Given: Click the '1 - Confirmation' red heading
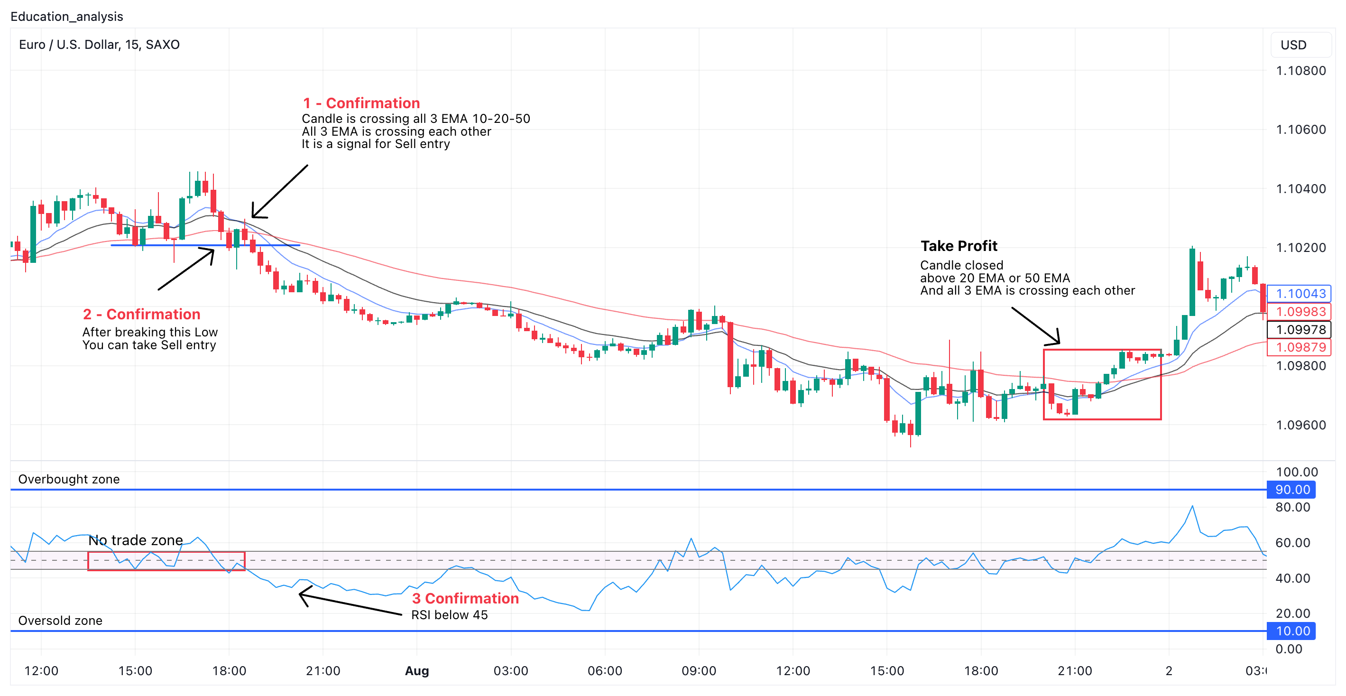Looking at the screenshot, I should [361, 103].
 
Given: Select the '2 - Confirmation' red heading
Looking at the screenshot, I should [142, 314].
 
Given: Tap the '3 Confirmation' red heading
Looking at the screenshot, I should [465, 598].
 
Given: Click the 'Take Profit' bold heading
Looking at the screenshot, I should [959, 246].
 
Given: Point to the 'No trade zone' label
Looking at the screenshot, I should [135, 540].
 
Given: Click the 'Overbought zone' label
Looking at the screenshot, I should [69, 479].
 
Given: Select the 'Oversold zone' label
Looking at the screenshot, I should [60, 620].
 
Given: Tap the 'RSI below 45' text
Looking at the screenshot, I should [449, 615].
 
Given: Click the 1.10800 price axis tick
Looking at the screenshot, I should [1300, 71].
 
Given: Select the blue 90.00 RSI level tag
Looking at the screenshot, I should [1292, 490].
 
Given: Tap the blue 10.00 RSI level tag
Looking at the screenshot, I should [1292, 631].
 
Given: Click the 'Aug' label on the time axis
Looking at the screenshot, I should [417, 671].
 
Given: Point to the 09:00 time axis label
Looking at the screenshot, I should [699, 671].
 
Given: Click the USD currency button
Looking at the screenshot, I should [1293, 45].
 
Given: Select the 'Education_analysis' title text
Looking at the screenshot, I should [67, 17].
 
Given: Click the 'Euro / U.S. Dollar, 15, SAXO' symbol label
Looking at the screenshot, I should [99, 45].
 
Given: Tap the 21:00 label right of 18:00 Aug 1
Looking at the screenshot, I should [1075, 671].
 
